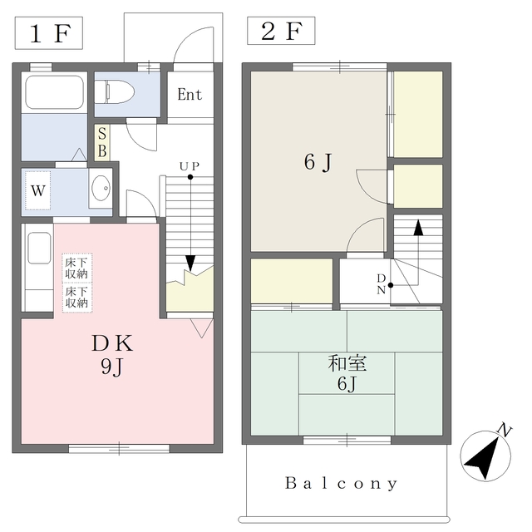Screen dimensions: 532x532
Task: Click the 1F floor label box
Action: pyautogui.click(x=49, y=33)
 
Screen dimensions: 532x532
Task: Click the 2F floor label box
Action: pyautogui.click(x=281, y=31)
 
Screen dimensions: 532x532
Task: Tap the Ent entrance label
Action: pyautogui.click(x=190, y=94)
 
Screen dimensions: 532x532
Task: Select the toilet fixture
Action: pyautogui.click(x=115, y=91)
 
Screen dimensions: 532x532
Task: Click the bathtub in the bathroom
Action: pyautogui.click(x=54, y=91)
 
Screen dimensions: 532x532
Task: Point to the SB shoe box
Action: pyautogui.click(x=101, y=142)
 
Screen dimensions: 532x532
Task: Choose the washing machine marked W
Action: pyautogui.click(x=38, y=190)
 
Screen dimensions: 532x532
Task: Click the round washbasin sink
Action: pyautogui.click(x=101, y=188)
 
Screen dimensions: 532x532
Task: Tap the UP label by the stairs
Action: pyautogui.click(x=190, y=166)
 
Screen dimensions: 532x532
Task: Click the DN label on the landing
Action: pyautogui.click(x=382, y=284)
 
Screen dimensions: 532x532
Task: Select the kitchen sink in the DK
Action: pyautogui.click(x=39, y=248)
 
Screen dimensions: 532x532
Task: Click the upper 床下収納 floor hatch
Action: pyautogui.click(x=77, y=268)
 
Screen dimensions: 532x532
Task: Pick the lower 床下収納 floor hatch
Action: pyautogui.click(x=77, y=298)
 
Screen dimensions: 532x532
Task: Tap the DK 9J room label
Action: pyautogui.click(x=112, y=355)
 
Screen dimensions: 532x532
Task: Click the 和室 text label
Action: pyautogui.click(x=347, y=363)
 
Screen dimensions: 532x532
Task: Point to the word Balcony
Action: pyautogui.click(x=342, y=483)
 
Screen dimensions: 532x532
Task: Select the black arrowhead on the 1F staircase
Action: pyautogui.click(x=190, y=264)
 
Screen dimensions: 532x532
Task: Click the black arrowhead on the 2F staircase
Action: pyautogui.click(x=418, y=228)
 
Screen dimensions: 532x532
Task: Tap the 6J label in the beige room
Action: pyautogui.click(x=318, y=163)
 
